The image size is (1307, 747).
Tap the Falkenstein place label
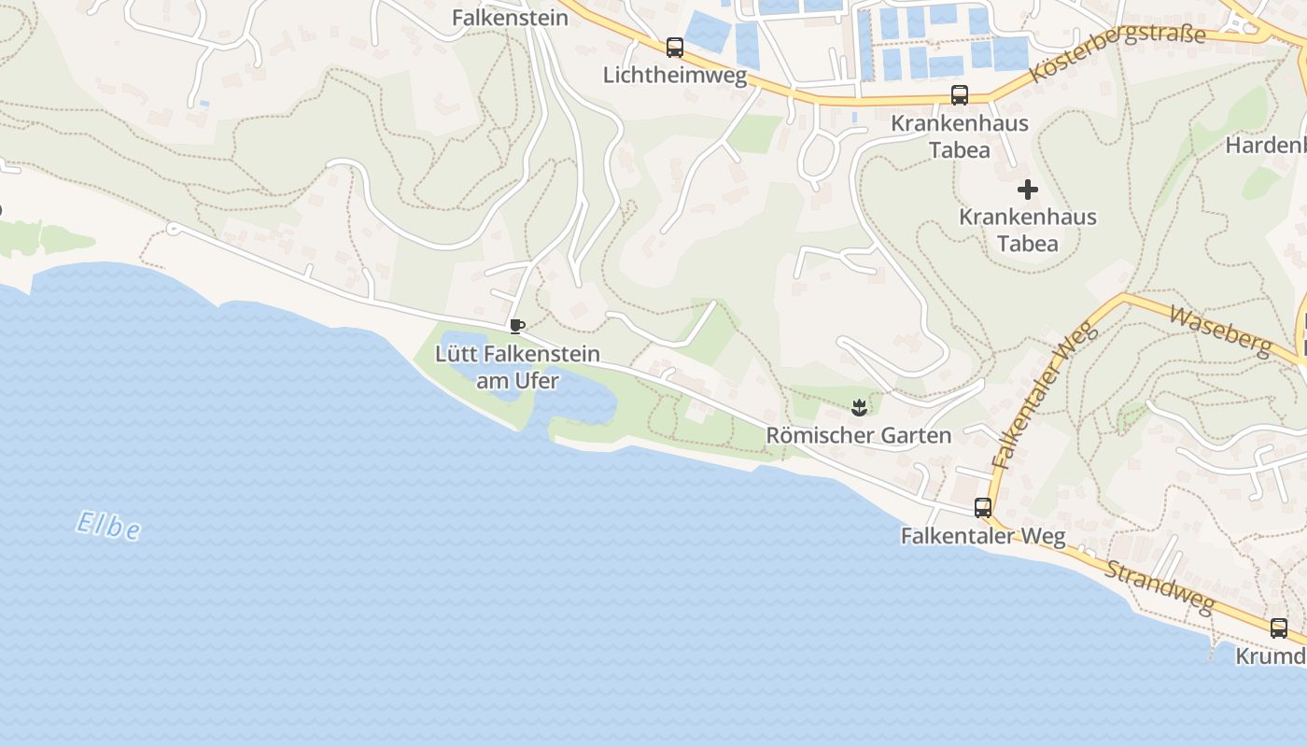click(510, 18)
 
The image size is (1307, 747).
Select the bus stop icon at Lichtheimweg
click(674, 48)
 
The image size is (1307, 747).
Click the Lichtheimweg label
click(675, 75)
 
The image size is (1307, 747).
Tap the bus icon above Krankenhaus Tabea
click(959, 95)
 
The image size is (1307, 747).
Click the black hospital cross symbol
click(1028, 190)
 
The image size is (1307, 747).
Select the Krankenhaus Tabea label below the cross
click(1028, 230)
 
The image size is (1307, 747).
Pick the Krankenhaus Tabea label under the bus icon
click(960, 136)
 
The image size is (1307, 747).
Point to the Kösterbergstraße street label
click(1117, 53)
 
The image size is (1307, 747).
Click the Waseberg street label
click(1220, 330)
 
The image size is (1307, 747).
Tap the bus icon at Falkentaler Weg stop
click(983, 508)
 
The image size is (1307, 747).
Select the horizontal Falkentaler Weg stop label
click(983, 536)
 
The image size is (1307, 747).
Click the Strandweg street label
click(1160, 587)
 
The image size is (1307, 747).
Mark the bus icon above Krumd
click(1278, 628)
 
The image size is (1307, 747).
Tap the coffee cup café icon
click(516, 326)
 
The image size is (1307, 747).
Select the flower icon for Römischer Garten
click(859, 407)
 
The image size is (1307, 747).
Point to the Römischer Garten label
click(859, 435)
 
